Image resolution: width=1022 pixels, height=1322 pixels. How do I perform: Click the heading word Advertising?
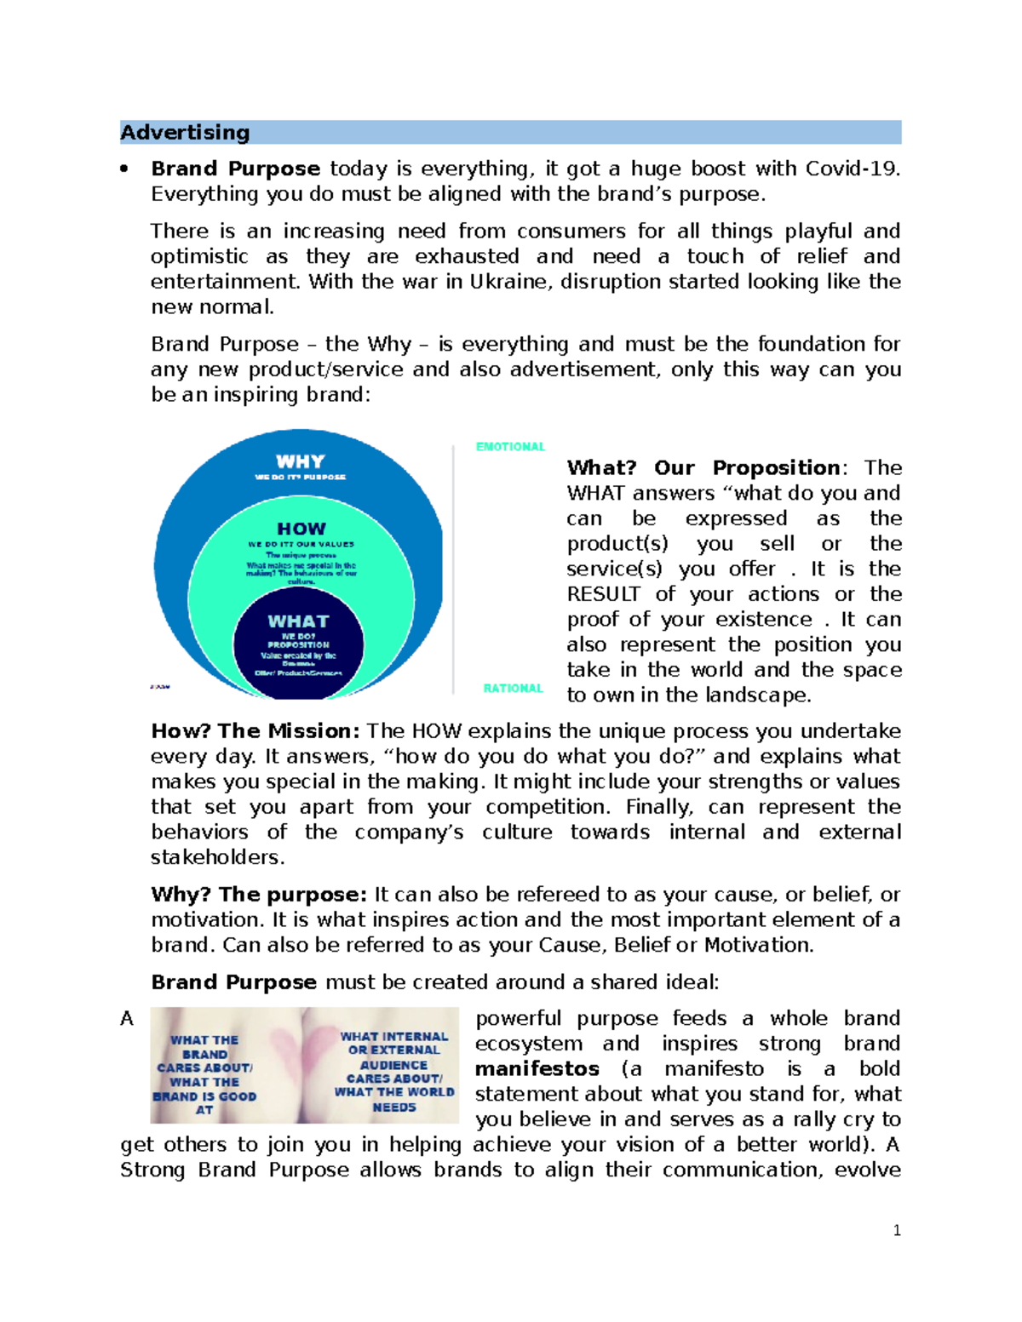click(x=185, y=133)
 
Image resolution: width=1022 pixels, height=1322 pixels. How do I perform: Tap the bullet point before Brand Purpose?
click(x=124, y=169)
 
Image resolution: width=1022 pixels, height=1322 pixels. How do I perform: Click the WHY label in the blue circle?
click(x=300, y=461)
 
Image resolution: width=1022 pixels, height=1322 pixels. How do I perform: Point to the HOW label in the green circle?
click(x=301, y=529)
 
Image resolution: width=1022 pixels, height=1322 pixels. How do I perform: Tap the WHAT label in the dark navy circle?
click(x=298, y=621)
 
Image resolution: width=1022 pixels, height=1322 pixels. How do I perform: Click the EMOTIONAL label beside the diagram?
click(x=510, y=447)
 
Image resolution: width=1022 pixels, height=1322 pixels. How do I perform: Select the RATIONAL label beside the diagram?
click(x=513, y=688)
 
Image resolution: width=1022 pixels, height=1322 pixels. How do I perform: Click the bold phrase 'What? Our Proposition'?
click(x=703, y=468)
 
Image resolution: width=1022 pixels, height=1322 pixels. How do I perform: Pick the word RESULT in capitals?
click(x=604, y=594)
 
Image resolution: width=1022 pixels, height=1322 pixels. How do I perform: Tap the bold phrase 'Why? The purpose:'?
click(x=258, y=895)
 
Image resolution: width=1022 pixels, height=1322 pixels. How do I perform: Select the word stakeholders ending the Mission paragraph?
click(x=216, y=857)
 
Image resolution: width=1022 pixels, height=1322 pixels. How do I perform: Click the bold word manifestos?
click(x=537, y=1069)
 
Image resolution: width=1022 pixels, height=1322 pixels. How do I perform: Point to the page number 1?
click(x=897, y=1230)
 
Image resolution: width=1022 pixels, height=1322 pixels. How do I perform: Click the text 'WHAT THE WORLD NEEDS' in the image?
click(x=394, y=1099)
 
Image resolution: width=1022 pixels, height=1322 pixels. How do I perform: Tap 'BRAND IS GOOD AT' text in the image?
click(x=204, y=1103)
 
